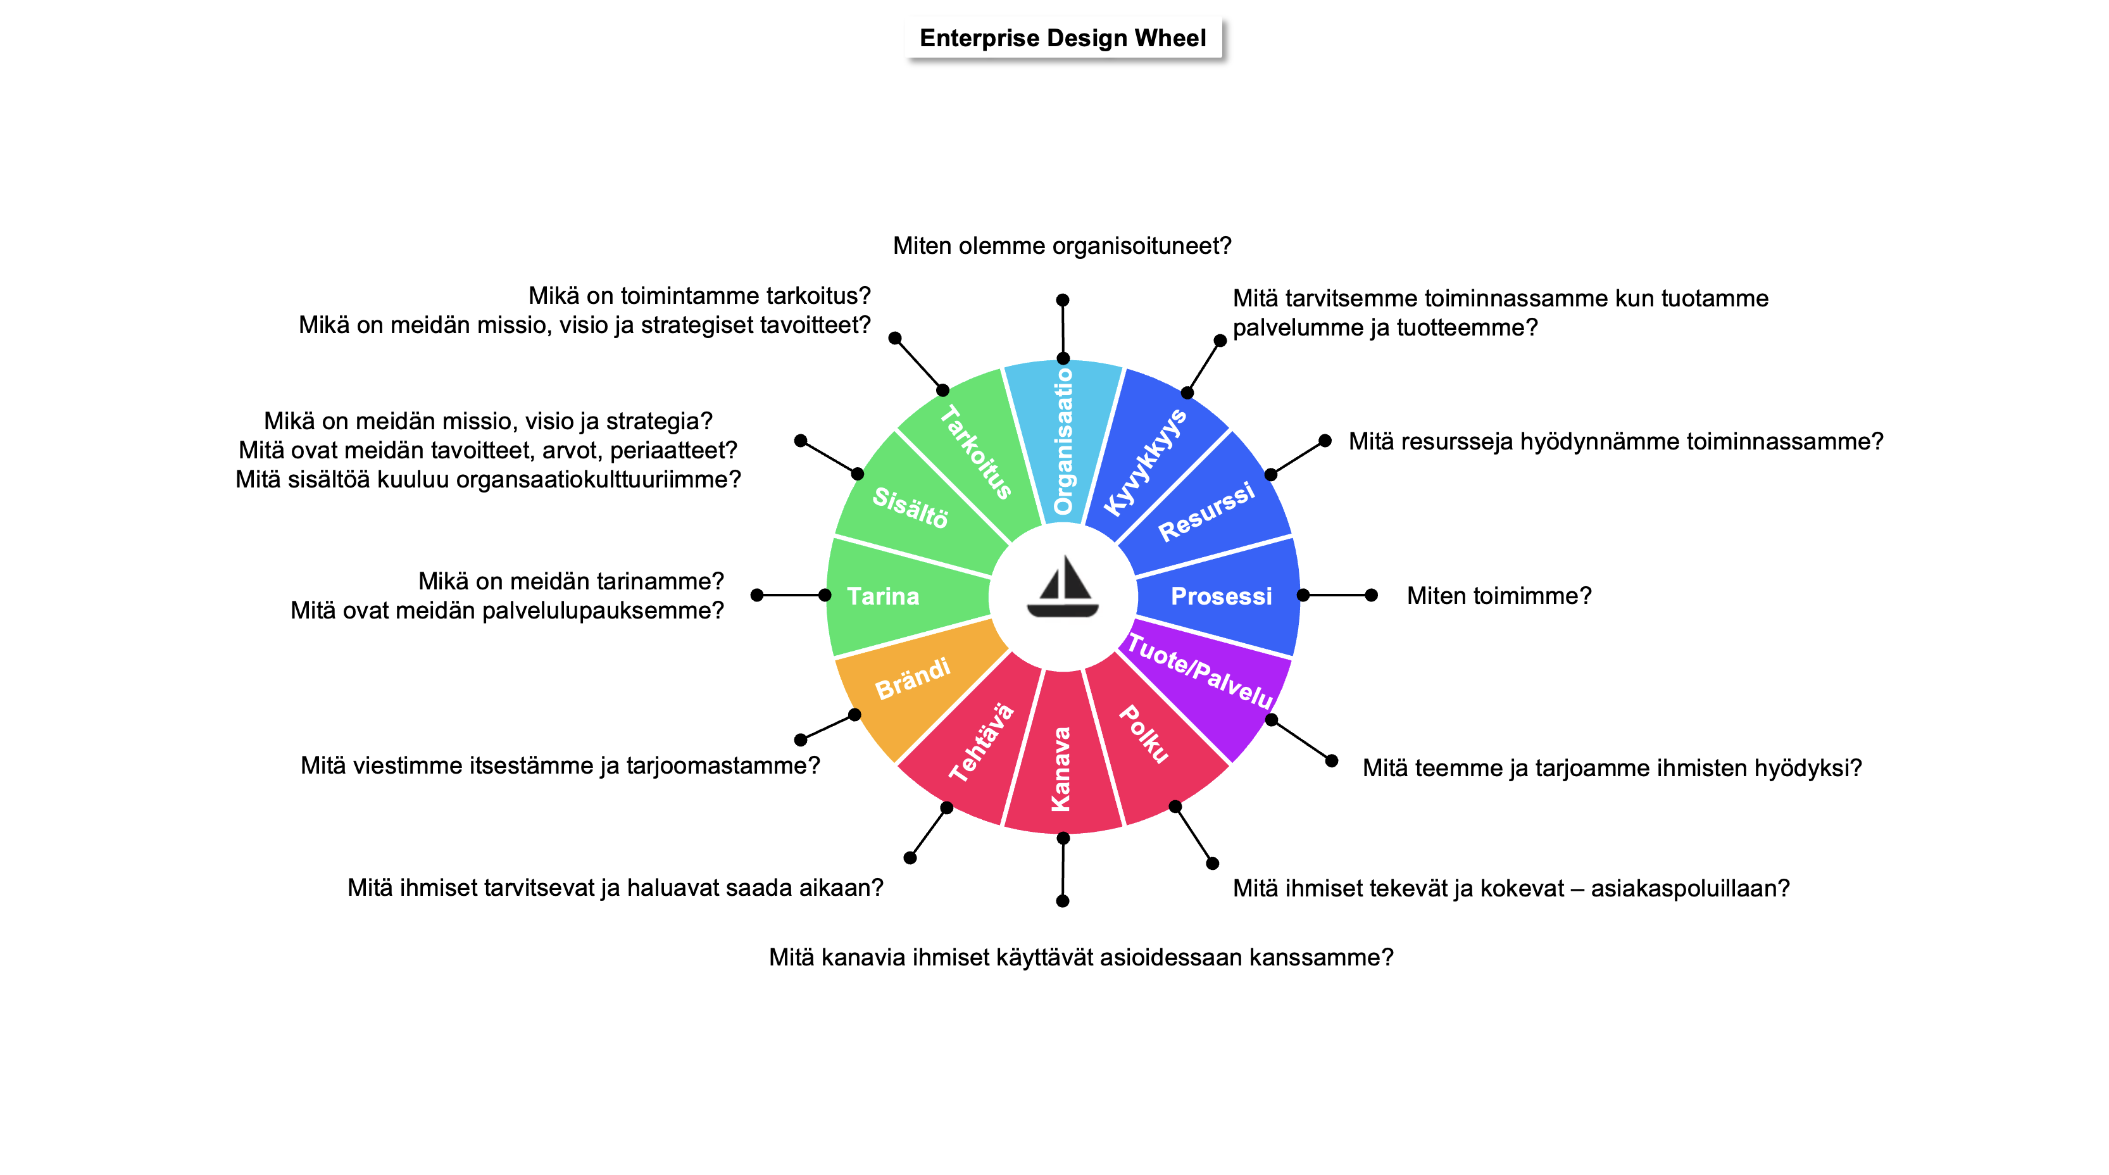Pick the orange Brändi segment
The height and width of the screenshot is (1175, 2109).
pos(913,680)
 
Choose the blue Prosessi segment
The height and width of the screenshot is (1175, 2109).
pos(1221,596)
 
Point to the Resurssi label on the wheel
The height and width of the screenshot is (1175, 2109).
pos(1206,512)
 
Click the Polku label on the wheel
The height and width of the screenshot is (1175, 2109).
pos(1144,734)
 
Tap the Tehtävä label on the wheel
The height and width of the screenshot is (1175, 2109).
pos(982,742)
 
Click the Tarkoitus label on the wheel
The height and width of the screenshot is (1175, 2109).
pos(976,452)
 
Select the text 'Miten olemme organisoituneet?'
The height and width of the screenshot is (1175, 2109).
pos(1062,246)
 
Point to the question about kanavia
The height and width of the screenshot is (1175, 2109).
pos(1080,957)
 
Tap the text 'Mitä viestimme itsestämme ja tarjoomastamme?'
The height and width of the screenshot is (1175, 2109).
pos(560,765)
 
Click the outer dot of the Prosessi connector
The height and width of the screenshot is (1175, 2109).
pos(1372,595)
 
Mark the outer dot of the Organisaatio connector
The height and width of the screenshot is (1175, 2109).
pos(1063,299)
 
